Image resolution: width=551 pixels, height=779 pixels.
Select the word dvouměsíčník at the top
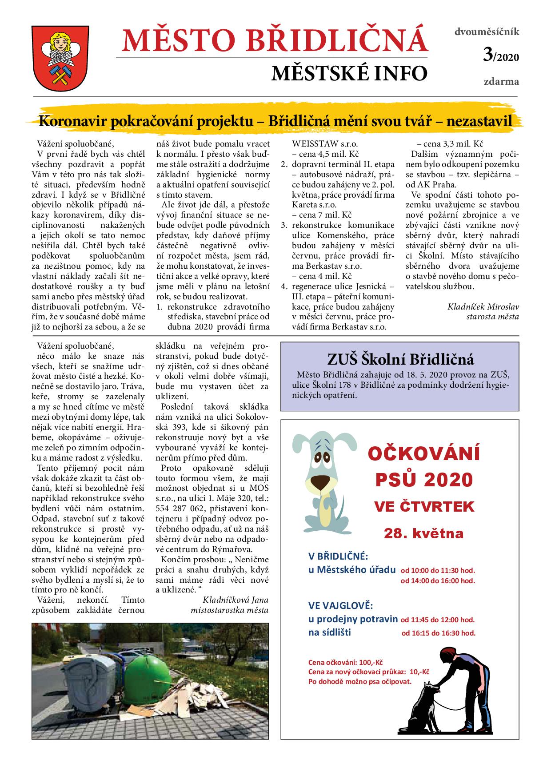(486, 32)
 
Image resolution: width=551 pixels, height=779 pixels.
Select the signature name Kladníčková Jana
(236, 600)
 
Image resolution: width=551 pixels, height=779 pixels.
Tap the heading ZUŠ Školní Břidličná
(400, 359)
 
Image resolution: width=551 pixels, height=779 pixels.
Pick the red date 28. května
(423, 533)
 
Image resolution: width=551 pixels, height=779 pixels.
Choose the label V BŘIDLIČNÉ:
(338, 556)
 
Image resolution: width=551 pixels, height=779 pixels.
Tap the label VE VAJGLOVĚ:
(340, 606)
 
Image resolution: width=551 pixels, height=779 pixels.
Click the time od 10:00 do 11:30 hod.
(438, 570)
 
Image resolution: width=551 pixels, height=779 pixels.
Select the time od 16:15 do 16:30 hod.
(438, 633)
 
